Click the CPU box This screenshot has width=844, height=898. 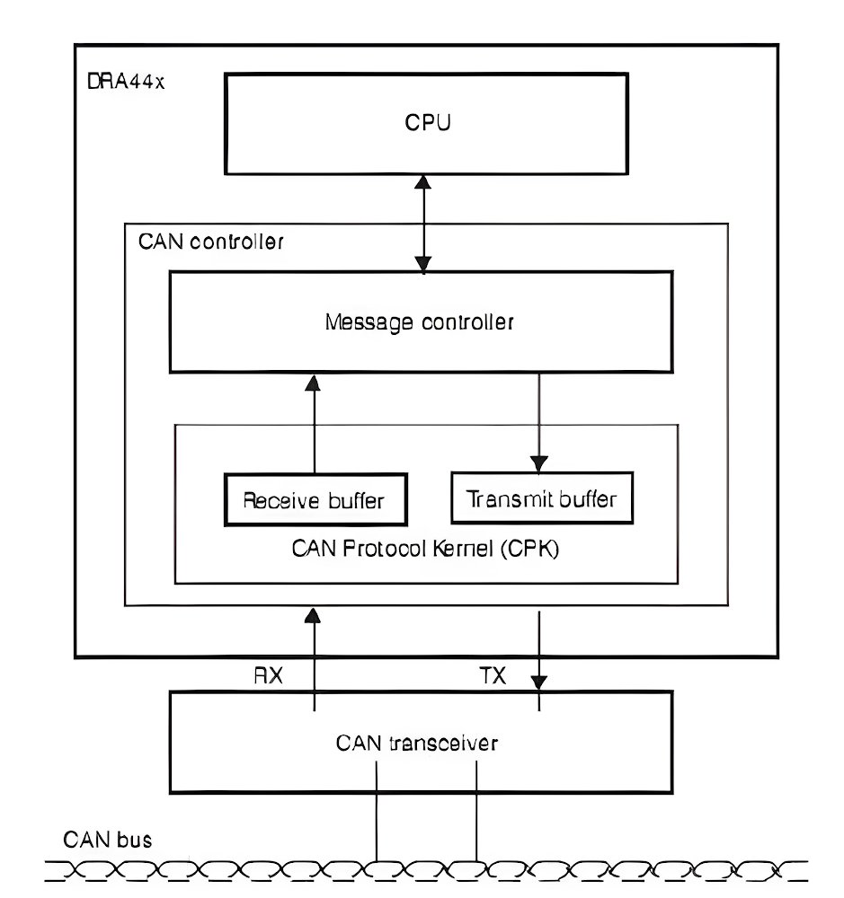pos(427,123)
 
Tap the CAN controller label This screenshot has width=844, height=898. pos(211,242)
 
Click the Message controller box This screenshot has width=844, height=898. pos(420,322)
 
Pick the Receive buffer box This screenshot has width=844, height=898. pos(314,499)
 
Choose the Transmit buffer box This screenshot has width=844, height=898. pos(541,497)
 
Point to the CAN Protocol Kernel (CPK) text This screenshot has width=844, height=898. pos(425,549)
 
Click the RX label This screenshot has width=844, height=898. pos(268,677)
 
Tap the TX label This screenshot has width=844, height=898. pos(492,677)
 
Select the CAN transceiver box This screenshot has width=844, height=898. pos(420,742)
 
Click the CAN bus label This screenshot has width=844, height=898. pos(108,840)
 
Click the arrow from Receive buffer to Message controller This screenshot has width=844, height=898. pos(313,422)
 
